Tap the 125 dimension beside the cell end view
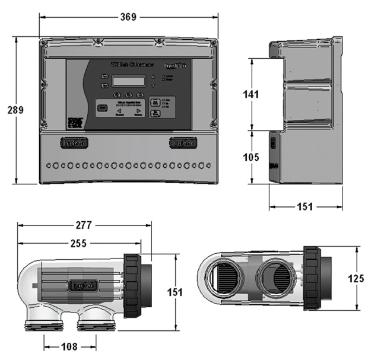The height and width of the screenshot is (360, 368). click(356, 278)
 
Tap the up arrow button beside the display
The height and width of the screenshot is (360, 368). click(153, 77)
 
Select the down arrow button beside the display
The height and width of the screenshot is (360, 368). click(153, 86)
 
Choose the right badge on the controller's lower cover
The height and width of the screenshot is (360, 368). click(182, 143)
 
